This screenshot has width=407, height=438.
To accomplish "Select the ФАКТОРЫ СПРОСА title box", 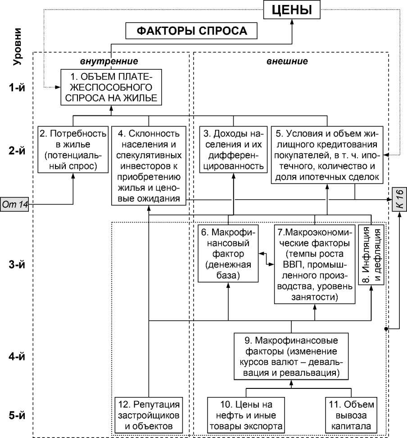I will click(192, 31).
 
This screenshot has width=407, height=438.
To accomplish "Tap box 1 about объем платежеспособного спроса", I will click(111, 87).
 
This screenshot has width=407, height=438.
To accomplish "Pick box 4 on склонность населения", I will click(149, 166).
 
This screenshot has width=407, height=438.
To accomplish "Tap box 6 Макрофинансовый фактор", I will click(228, 254).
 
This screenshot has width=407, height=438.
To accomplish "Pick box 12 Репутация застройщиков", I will click(149, 415).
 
